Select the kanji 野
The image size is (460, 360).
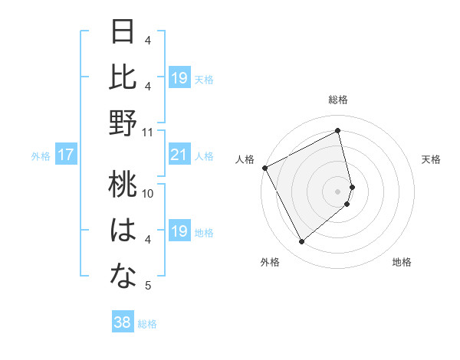tap(123, 123)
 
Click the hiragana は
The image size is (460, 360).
tap(123, 231)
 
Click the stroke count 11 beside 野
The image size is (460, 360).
tap(148, 132)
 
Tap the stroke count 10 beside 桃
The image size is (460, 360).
tap(148, 194)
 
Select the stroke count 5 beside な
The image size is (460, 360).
tap(148, 286)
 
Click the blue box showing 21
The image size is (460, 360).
tap(179, 155)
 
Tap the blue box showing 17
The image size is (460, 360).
tap(65, 155)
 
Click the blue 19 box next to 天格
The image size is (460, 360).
tap(179, 78)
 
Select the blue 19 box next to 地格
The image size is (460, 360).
tap(179, 231)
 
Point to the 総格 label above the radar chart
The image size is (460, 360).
tap(338, 100)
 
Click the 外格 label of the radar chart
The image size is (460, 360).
tap(270, 262)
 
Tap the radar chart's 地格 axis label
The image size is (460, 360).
tap(402, 262)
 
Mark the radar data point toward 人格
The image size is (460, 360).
tap(264, 168)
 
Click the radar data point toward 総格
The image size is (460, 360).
tap(338, 131)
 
